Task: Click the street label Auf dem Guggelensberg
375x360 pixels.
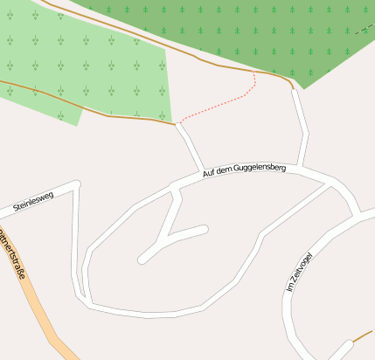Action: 244,166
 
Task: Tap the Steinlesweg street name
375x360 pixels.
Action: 33,202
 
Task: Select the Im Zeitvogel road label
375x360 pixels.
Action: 298,272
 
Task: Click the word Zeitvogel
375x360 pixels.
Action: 301,265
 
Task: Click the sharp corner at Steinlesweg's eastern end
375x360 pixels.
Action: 76,185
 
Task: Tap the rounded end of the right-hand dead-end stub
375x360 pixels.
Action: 205,230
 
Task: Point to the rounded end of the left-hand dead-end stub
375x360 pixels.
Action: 142,259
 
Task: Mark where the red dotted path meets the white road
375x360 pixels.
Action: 179,124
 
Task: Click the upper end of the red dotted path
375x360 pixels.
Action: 254,73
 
